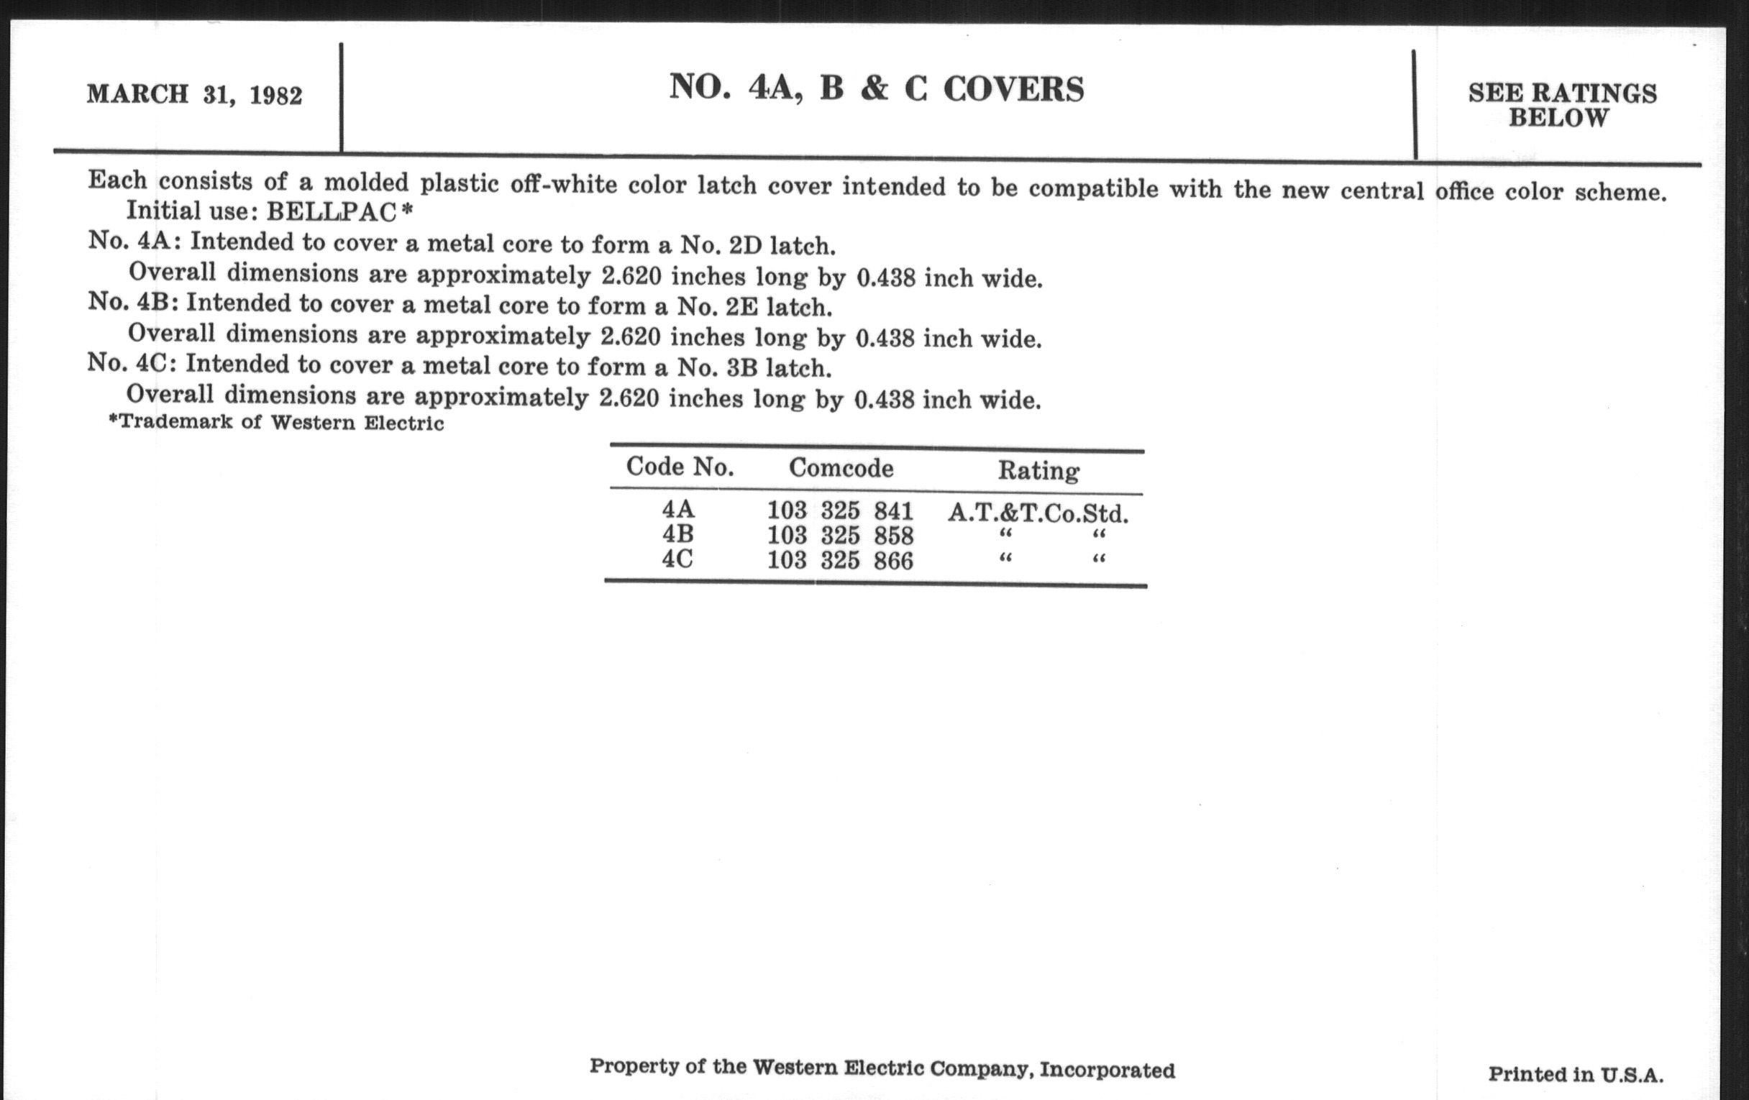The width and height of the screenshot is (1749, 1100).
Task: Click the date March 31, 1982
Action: tap(194, 94)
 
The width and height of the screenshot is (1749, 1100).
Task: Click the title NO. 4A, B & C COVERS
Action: tap(876, 88)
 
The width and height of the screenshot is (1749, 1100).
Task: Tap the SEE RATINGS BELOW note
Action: tap(1561, 105)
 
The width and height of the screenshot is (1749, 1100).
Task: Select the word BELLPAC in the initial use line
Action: tap(332, 211)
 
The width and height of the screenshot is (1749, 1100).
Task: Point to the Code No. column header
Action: tap(679, 467)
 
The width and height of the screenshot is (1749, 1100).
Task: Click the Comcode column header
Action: tap(841, 468)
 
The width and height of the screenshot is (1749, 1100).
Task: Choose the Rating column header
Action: tap(1038, 471)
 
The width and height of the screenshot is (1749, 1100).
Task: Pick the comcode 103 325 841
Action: tap(840, 511)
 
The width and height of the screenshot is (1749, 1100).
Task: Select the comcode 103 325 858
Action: tap(840, 536)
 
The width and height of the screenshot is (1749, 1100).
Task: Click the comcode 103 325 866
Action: tap(840, 561)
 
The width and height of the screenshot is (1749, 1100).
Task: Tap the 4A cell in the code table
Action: tap(677, 509)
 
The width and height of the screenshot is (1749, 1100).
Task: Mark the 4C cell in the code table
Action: tap(677, 559)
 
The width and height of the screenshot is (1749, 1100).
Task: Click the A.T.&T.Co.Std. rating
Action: tap(1038, 514)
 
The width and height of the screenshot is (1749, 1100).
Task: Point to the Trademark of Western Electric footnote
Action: tap(276, 423)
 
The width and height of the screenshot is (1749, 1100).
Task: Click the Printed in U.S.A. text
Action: tap(1576, 1074)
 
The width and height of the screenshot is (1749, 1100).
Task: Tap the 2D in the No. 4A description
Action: tap(745, 246)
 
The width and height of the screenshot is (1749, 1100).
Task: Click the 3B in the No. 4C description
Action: tap(741, 368)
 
